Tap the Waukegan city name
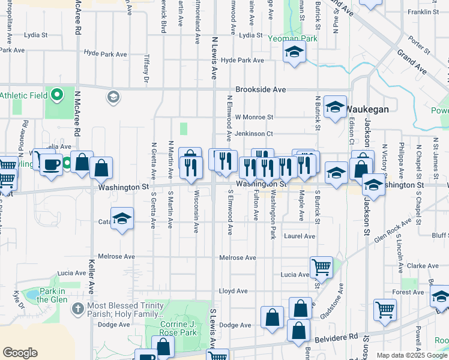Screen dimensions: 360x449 coord(367,109)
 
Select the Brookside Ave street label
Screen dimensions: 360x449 coord(261,89)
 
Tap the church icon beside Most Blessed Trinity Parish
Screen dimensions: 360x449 coord(77,308)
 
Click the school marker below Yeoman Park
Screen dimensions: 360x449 coord(294,53)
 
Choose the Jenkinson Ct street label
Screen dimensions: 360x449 coord(254,134)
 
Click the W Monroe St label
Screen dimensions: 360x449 coord(254,117)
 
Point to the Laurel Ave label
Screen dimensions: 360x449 coord(300,236)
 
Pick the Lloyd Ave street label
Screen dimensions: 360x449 coord(233,291)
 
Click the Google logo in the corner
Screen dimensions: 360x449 coord(20,353)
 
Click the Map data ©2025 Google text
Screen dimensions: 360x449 coord(411,355)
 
